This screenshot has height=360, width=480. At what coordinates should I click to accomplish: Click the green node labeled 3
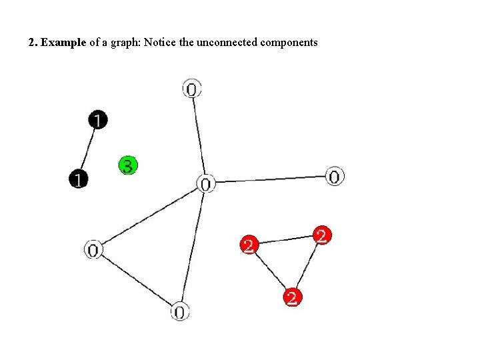pos(128,165)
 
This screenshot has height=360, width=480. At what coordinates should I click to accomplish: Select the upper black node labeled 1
pos(97,120)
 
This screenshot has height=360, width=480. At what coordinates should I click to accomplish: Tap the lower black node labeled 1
pos(79,179)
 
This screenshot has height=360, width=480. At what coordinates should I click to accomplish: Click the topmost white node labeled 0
pos(191,88)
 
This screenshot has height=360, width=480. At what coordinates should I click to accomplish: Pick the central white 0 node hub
pos(205,183)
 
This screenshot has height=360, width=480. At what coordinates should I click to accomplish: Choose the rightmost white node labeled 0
pos(334,177)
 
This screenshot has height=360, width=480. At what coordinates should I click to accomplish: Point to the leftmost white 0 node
pos(93,250)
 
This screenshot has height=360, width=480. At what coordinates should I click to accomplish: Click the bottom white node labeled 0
pos(179,311)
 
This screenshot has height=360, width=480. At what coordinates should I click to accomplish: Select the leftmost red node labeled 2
pos(249,245)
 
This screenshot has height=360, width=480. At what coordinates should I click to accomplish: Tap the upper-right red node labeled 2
pos(321,235)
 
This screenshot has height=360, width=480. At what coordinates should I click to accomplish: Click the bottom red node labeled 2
pos(291,297)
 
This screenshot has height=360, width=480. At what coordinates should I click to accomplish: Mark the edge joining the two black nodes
pos(88,149)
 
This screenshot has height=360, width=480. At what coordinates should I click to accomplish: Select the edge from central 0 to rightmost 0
pos(270,180)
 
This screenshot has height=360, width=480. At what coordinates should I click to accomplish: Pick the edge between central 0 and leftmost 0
pos(149,217)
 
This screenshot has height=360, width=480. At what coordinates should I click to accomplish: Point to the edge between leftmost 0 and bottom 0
pos(136,281)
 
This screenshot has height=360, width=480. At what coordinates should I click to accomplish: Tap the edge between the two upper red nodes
pos(285,239)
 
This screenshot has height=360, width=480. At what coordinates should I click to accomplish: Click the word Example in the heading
pos(63,43)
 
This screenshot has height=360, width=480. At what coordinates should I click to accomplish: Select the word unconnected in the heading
pos(226,43)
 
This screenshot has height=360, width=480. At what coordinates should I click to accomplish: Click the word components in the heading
pos(289,43)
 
